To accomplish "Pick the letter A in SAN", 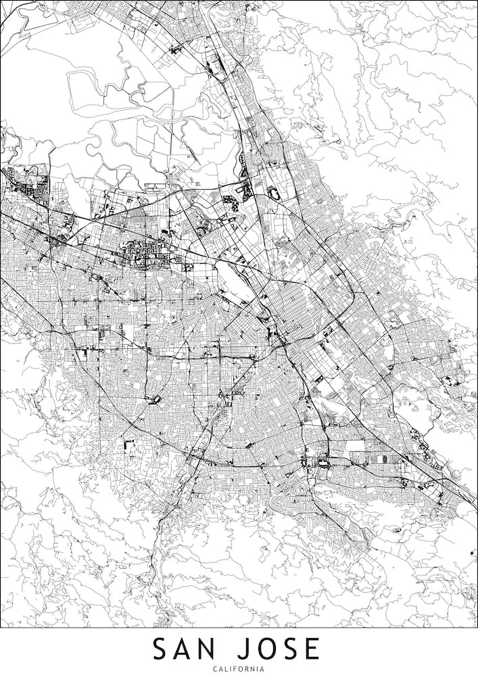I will pos(184,649).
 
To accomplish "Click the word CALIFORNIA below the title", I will pos(239,668).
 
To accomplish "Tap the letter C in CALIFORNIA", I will pos(214,668).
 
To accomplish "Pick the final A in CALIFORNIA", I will pos(263,668).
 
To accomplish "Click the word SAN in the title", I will pos(185,649).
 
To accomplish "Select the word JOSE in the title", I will pos(273,649).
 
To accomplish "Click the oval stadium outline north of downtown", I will pos(273,192).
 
